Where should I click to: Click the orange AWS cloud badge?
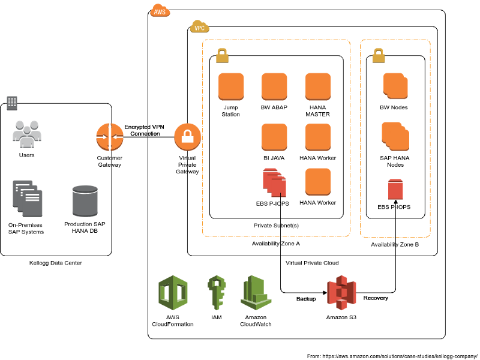[160, 11]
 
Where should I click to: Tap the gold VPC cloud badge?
[199, 27]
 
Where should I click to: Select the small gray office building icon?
[12, 103]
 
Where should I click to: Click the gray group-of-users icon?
[27, 134]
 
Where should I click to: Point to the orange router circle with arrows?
[110, 137]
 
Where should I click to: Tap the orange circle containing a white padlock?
[187, 137]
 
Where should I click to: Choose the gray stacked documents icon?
[28, 198]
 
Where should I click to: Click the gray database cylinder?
[85, 200]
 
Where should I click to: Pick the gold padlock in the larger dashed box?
[222, 55]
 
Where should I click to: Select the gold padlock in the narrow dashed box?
[379, 55]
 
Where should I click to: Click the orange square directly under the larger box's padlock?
[231, 86]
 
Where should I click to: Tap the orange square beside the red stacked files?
[318, 181]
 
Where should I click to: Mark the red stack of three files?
[274, 182]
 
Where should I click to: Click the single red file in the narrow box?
[395, 189]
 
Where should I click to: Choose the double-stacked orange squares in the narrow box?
[396, 86]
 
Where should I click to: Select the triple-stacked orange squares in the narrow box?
[395, 136]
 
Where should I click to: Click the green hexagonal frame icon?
[173, 292]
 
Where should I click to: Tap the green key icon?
[216, 292]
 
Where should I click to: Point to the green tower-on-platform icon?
[256, 293]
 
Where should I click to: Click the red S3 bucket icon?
[341, 292]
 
